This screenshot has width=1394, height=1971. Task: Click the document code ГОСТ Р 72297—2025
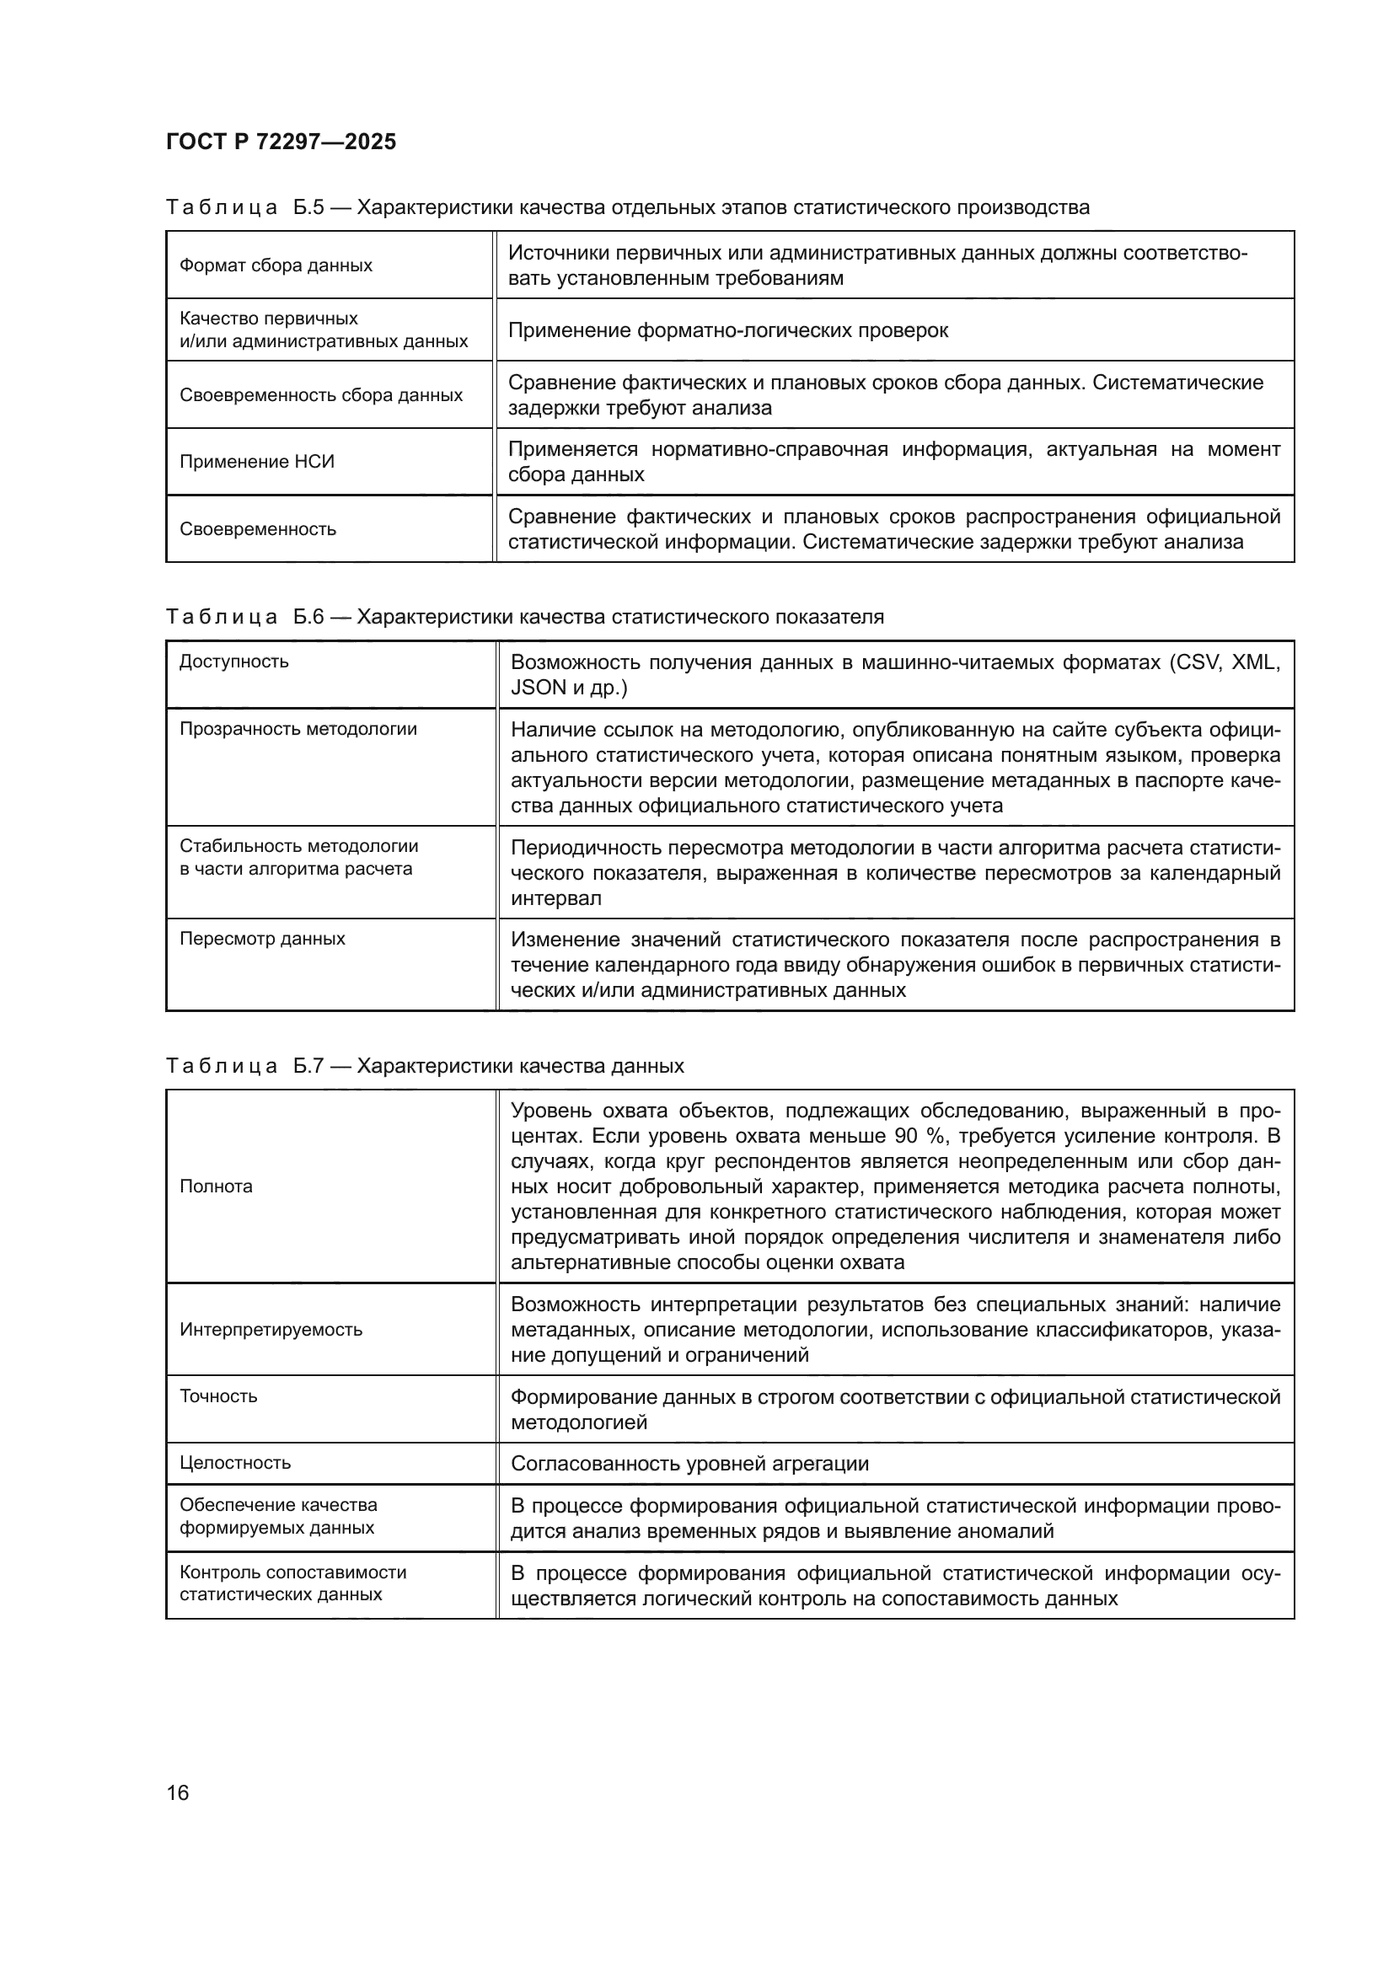(281, 142)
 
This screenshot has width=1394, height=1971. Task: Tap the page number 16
(178, 1792)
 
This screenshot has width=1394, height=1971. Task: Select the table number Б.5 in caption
(308, 207)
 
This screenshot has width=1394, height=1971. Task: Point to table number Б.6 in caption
(308, 616)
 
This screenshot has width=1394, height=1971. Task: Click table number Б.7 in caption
(308, 1065)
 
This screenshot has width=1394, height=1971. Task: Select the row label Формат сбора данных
(276, 265)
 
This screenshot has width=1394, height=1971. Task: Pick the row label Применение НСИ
(257, 462)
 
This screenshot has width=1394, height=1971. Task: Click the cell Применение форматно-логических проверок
(728, 330)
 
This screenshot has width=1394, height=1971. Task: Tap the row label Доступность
(233, 661)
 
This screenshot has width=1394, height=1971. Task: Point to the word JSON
(539, 688)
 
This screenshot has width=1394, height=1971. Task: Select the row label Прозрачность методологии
(298, 729)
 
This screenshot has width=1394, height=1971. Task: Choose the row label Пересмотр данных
(262, 938)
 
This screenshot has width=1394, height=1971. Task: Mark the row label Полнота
(216, 1186)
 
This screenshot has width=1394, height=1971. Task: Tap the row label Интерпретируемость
(271, 1330)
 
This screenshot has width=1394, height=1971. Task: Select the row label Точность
(218, 1396)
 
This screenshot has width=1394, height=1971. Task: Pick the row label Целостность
(234, 1463)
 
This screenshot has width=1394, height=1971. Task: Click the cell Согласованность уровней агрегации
(689, 1464)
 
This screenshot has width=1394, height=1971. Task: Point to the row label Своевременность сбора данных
(320, 395)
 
